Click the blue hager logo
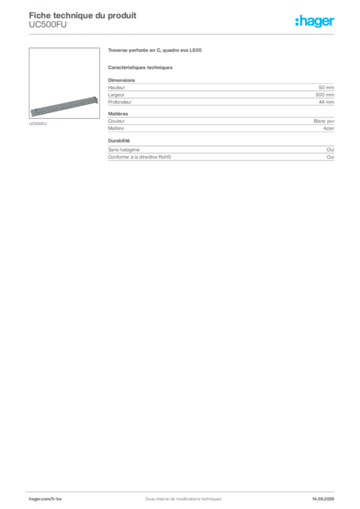[x=315, y=22]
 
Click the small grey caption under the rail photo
[x=37, y=124]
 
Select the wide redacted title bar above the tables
[x=155, y=51]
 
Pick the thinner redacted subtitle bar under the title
[x=141, y=67]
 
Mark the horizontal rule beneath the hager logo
[x=199, y=33]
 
